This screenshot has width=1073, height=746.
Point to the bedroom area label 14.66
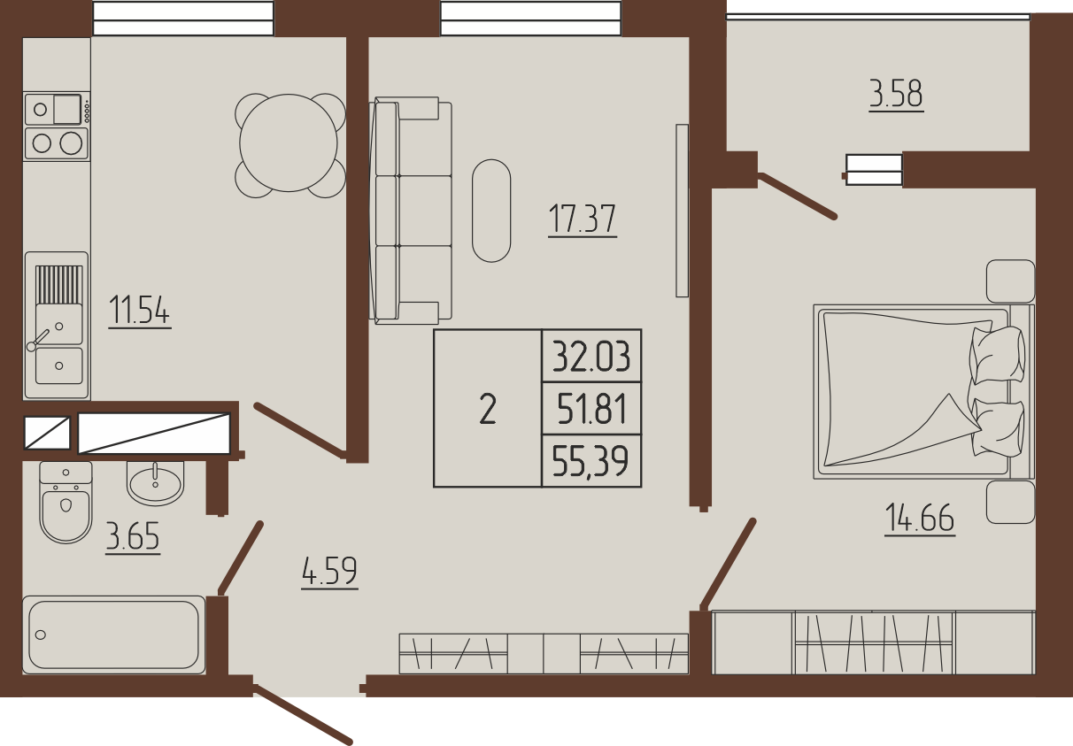coord(920,517)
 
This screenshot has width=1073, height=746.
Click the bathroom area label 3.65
coord(133,536)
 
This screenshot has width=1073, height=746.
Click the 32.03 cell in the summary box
coord(591,357)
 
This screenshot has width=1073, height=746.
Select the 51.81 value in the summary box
coord(592,409)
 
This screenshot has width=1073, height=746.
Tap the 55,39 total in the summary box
coord(591,461)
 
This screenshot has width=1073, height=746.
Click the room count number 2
coord(488,409)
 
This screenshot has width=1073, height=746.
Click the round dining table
coord(289,143)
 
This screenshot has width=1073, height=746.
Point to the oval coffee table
coord(491,211)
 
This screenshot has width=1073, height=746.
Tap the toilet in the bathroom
coord(66,503)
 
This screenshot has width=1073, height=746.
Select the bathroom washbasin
coord(155,482)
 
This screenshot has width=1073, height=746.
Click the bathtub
coord(114,634)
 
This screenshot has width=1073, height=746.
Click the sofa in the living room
coord(411,211)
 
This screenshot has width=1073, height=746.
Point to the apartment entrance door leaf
coord(303,715)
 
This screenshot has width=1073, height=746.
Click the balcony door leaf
coord(797,197)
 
